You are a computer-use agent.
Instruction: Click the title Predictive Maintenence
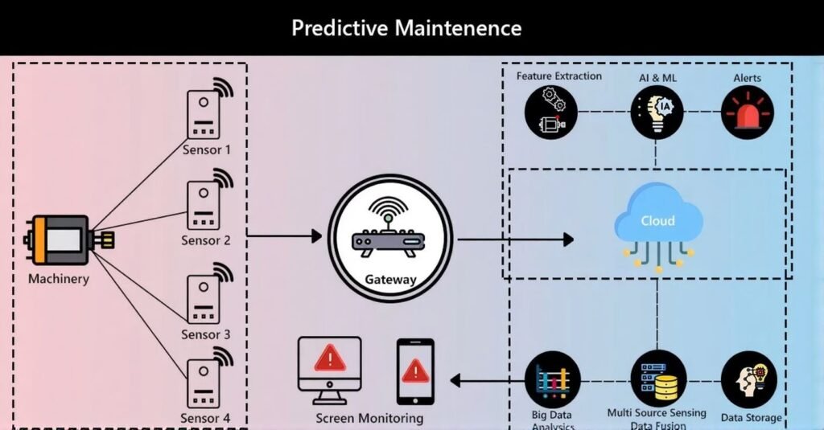click(406, 28)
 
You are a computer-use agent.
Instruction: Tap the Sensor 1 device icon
click(205, 114)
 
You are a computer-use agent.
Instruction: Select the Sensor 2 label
click(205, 240)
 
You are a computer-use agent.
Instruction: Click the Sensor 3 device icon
click(205, 298)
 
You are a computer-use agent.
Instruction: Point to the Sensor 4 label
click(205, 418)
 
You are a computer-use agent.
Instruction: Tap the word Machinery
click(59, 280)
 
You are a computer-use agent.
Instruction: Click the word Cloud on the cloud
click(657, 220)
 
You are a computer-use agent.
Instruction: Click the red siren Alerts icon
click(747, 113)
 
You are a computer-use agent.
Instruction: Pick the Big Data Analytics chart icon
click(552, 379)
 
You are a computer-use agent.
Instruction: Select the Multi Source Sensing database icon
click(657, 379)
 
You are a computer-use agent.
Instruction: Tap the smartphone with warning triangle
click(415, 371)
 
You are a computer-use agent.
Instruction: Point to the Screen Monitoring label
click(369, 418)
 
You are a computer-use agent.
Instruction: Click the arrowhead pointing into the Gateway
click(316, 236)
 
